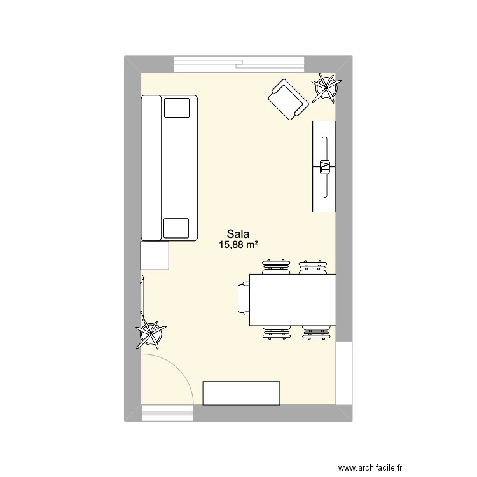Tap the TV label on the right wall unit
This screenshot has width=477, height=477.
click(324, 167)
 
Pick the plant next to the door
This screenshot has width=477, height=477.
click(151, 333)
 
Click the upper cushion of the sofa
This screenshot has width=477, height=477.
click(177, 107)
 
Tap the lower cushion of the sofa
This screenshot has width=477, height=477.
click(177, 228)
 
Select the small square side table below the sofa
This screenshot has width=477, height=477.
click(155, 256)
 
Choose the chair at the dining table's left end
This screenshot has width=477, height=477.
click(243, 299)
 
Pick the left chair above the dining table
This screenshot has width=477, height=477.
click(277, 266)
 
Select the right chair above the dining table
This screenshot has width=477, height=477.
click(314, 266)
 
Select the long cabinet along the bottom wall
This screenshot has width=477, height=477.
click(241, 392)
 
